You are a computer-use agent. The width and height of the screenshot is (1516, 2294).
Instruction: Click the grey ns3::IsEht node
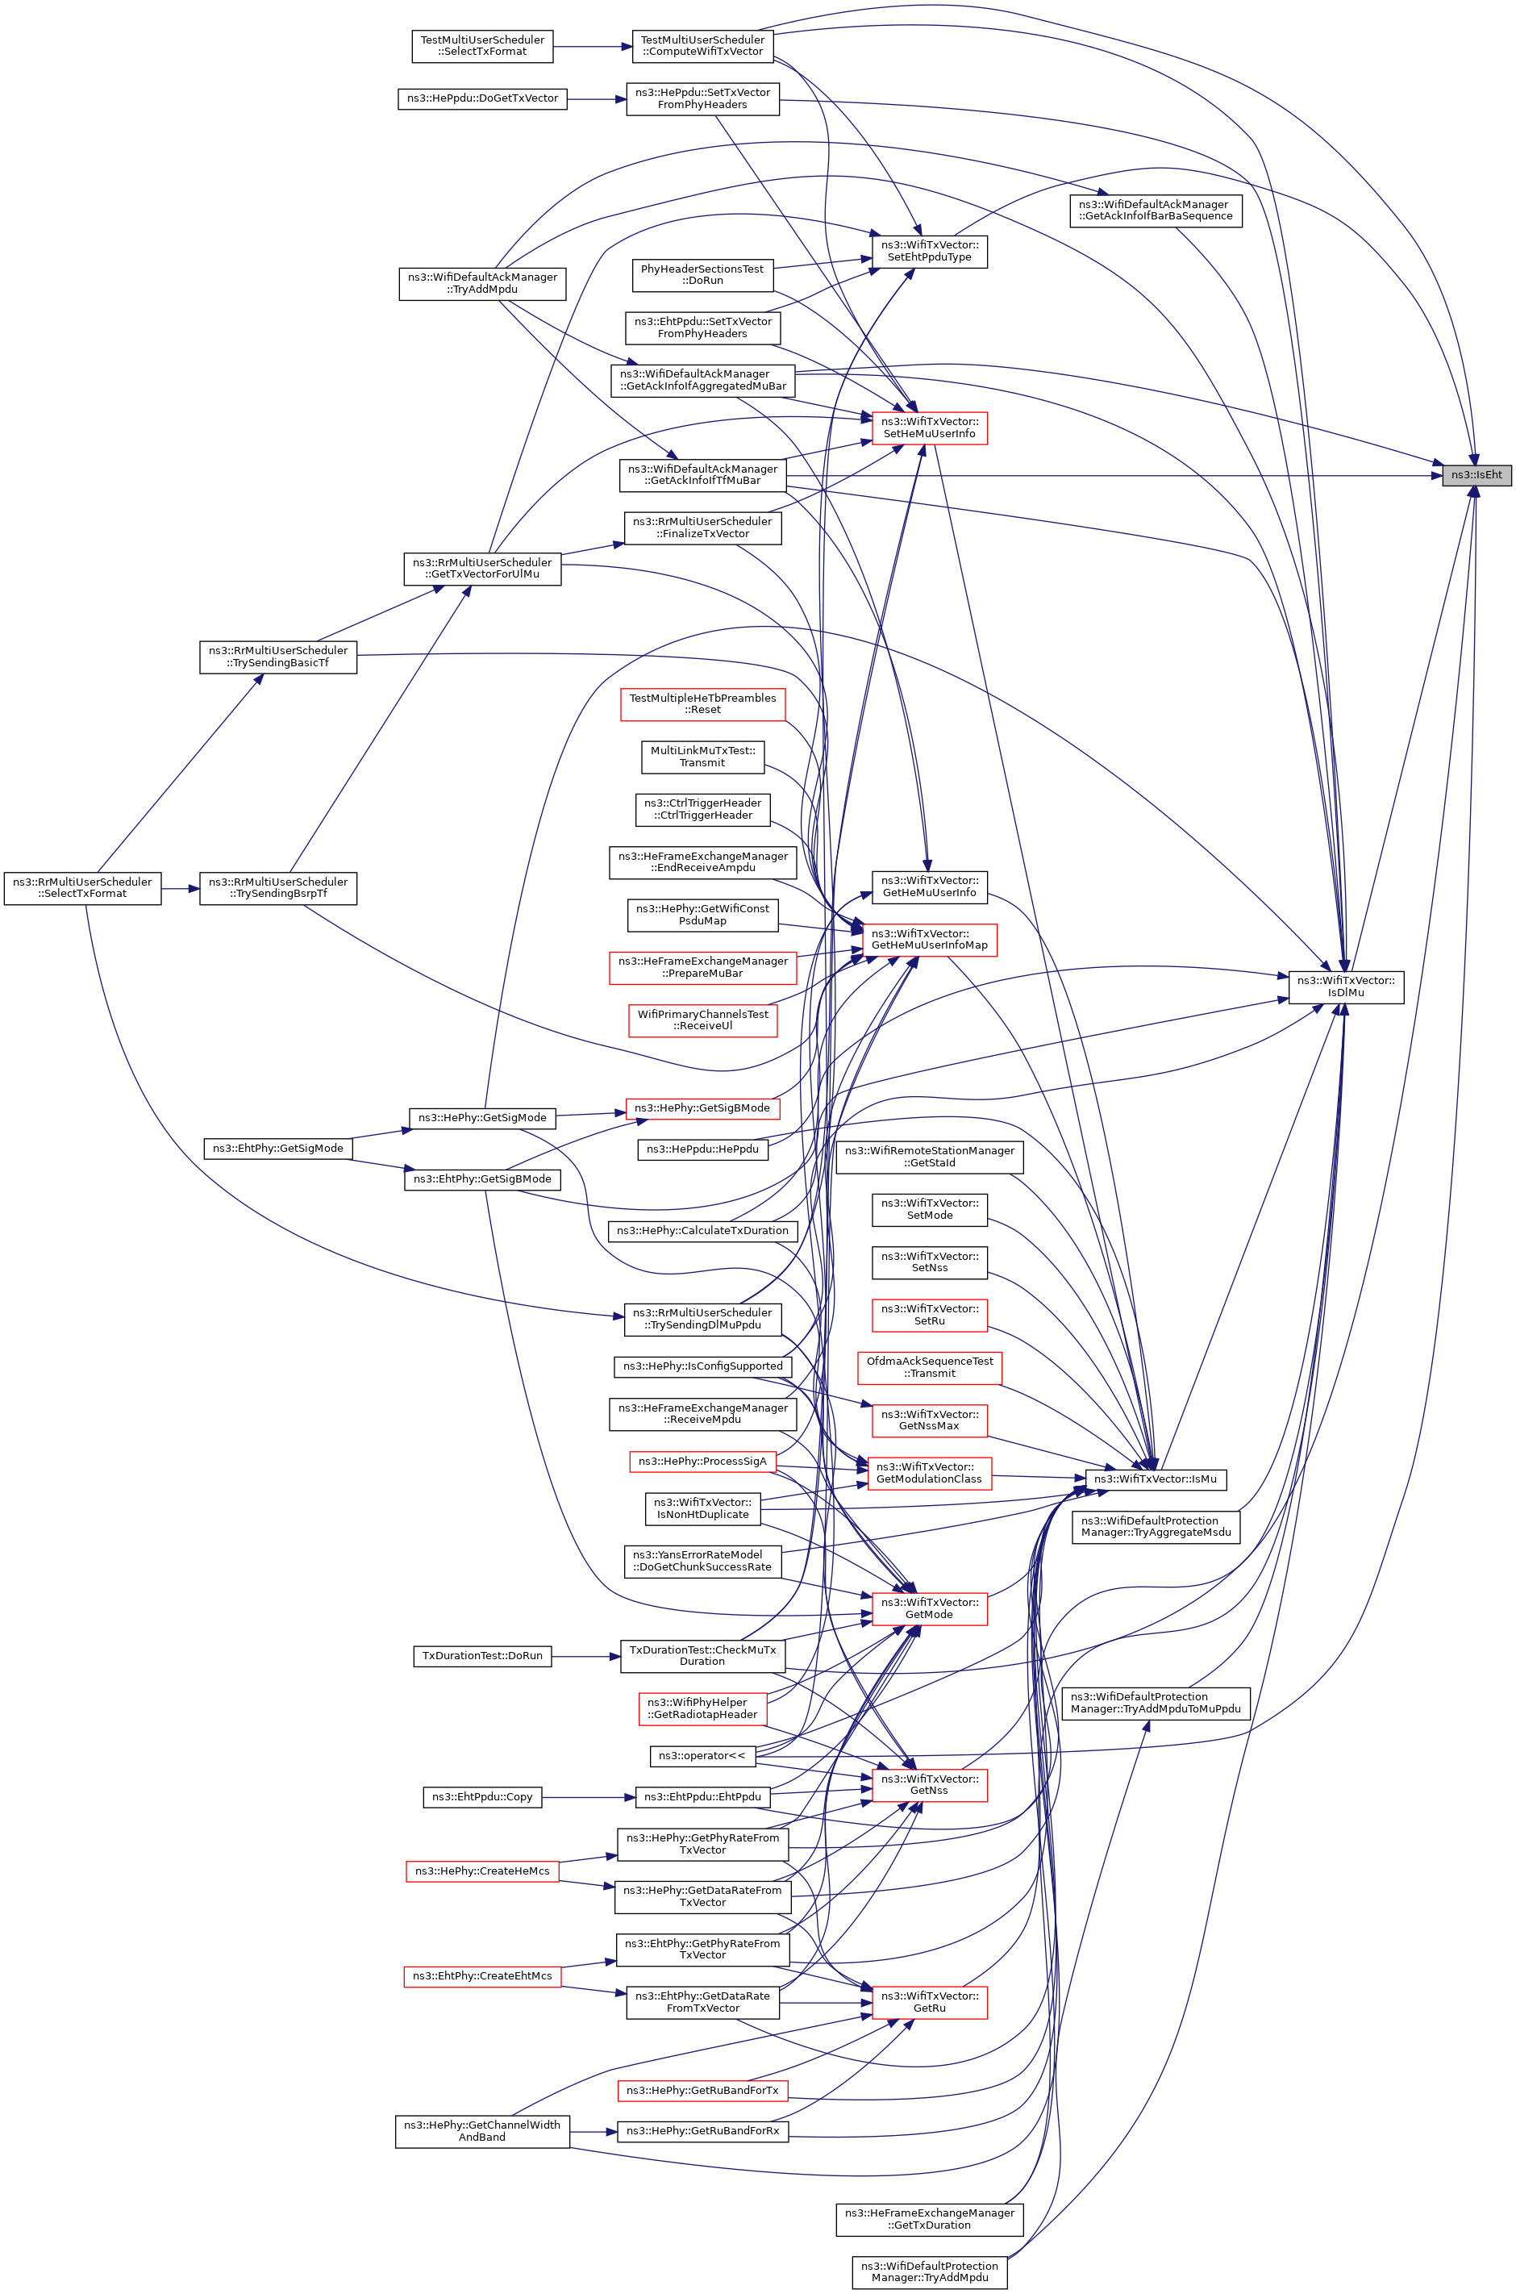[x=1476, y=475]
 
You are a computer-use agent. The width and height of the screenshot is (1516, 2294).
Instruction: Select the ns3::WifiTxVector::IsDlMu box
[x=1345, y=986]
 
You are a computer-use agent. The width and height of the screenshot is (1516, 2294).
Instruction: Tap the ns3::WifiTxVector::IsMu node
[x=1155, y=1479]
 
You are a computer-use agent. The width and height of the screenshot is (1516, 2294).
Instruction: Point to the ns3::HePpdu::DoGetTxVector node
[x=482, y=98]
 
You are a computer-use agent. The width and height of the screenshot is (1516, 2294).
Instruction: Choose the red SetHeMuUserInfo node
[x=928, y=428]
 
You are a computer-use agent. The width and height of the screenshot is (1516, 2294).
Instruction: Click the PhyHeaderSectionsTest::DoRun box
[x=702, y=275]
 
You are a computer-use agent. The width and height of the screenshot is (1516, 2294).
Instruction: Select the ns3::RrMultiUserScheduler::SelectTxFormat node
[x=82, y=888]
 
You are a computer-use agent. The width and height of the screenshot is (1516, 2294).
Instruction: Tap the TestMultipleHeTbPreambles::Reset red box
[x=702, y=704]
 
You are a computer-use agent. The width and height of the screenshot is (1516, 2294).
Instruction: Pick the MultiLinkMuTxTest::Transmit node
[x=702, y=757]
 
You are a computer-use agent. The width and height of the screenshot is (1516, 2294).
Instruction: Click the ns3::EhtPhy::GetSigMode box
[x=277, y=1148]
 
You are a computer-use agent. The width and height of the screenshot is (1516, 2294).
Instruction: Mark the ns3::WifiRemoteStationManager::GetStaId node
[x=928, y=1157]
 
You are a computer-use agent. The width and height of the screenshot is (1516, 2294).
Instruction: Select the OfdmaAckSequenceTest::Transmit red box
[x=928, y=1367]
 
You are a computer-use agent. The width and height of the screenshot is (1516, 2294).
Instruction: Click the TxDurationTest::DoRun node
[x=481, y=1656]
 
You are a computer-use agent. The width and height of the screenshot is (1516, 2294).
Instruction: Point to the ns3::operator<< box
[x=701, y=1755]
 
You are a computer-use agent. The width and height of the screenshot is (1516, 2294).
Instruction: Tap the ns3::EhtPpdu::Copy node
[x=481, y=1797]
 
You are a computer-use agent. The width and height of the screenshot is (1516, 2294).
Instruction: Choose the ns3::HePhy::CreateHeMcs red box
[x=481, y=1871]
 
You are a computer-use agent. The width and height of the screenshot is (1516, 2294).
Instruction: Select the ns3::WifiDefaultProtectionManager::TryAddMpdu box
[x=928, y=2271]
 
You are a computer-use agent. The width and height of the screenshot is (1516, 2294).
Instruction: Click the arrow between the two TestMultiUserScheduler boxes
[x=592, y=47]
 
